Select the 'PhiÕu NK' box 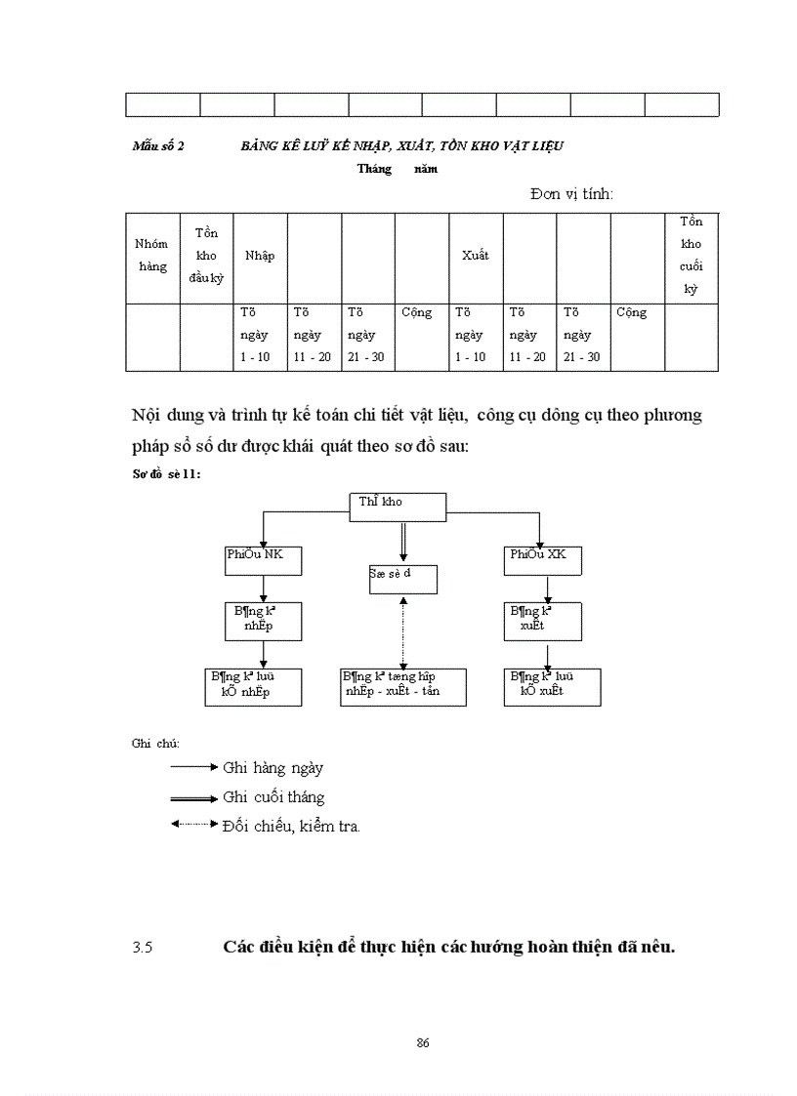(x=263, y=560)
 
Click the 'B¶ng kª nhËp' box (x=263, y=621)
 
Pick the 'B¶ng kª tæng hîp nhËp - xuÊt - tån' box (x=402, y=686)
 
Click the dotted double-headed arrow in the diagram (x=403, y=630)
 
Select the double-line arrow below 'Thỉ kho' (x=402, y=542)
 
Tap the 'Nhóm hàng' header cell (x=152, y=256)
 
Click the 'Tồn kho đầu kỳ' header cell (x=206, y=256)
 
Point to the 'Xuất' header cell (x=476, y=256)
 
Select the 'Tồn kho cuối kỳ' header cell (x=692, y=256)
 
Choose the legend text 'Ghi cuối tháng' (x=273, y=797)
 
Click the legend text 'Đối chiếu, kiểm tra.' (x=291, y=827)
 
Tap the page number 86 (x=423, y=1042)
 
